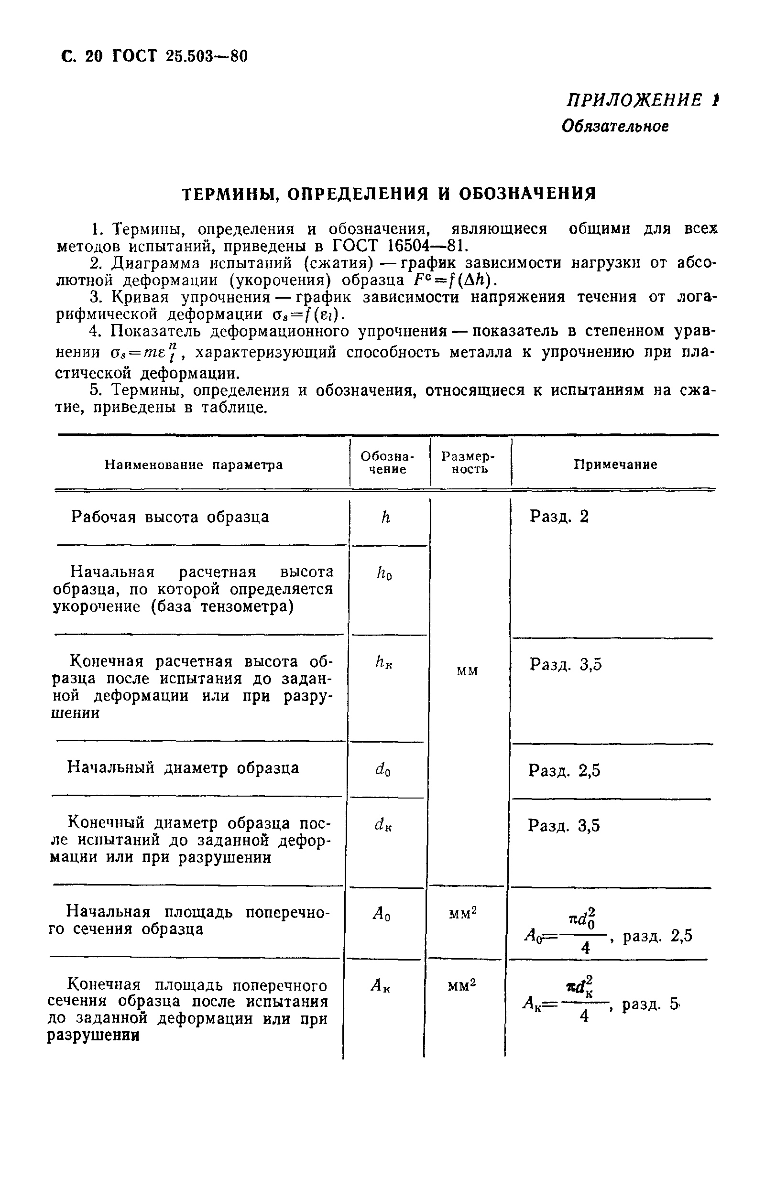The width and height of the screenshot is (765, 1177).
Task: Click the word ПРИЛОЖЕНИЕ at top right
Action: [x=634, y=100]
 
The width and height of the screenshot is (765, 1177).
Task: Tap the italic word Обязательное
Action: [x=615, y=127]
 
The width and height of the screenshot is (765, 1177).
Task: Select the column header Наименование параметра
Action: [x=194, y=465]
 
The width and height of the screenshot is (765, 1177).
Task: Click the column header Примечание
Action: [x=615, y=464]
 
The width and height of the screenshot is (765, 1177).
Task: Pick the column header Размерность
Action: [x=469, y=463]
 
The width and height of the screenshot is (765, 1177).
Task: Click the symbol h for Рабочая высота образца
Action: [x=386, y=517]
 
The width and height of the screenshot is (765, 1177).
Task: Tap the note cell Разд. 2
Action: [x=559, y=517]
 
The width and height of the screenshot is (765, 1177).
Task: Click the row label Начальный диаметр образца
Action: [x=183, y=768]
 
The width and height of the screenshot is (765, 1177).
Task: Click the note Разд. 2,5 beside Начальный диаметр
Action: [x=564, y=770]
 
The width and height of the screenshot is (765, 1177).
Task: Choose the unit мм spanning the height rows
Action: [x=467, y=671]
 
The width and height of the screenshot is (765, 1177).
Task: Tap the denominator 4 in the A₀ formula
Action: [x=586, y=948]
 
